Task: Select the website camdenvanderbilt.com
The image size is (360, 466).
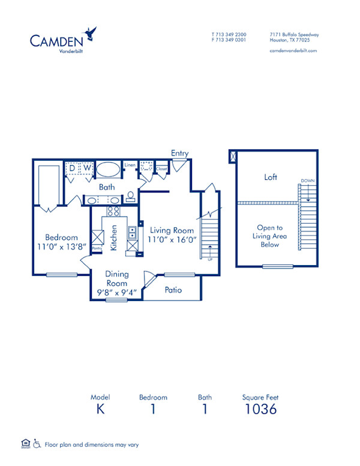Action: tap(293, 51)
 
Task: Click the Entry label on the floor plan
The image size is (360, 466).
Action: tap(179, 154)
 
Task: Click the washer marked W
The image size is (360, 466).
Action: tap(86, 168)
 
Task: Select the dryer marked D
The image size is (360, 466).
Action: tap(72, 168)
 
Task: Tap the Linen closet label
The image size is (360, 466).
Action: tap(129, 165)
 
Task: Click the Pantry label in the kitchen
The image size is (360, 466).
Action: tap(97, 247)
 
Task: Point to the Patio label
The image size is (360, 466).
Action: tap(173, 290)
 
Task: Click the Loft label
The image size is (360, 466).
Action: tap(270, 178)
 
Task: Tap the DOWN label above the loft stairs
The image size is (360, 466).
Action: tap(308, 181)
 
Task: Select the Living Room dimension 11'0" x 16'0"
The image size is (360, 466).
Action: tap(172, 240)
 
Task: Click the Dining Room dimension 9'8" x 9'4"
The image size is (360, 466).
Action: tap(117, 293)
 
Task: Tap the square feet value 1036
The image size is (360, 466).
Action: tap(260, 410)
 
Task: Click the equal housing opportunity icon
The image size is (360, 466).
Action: tap(25, 444)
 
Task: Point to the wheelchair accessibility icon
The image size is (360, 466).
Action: tap(36, 444)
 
